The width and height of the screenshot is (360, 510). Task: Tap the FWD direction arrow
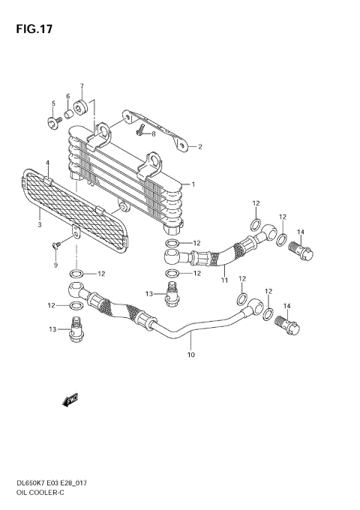(72, 400)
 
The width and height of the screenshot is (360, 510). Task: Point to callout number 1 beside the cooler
(193, 184)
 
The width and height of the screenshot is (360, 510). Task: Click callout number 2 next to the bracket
(200, 147)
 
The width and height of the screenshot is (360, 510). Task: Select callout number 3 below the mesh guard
(39, 223)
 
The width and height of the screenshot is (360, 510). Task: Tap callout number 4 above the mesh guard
(47, 163)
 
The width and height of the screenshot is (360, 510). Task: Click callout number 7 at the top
(82, 85)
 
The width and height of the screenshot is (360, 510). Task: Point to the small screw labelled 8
(140, 131)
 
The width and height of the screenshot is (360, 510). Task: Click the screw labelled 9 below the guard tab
(56, 244)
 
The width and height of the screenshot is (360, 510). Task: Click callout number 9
(55, 265)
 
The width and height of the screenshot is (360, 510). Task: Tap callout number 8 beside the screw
(153, 134)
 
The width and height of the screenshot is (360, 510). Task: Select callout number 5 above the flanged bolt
(53, 103)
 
